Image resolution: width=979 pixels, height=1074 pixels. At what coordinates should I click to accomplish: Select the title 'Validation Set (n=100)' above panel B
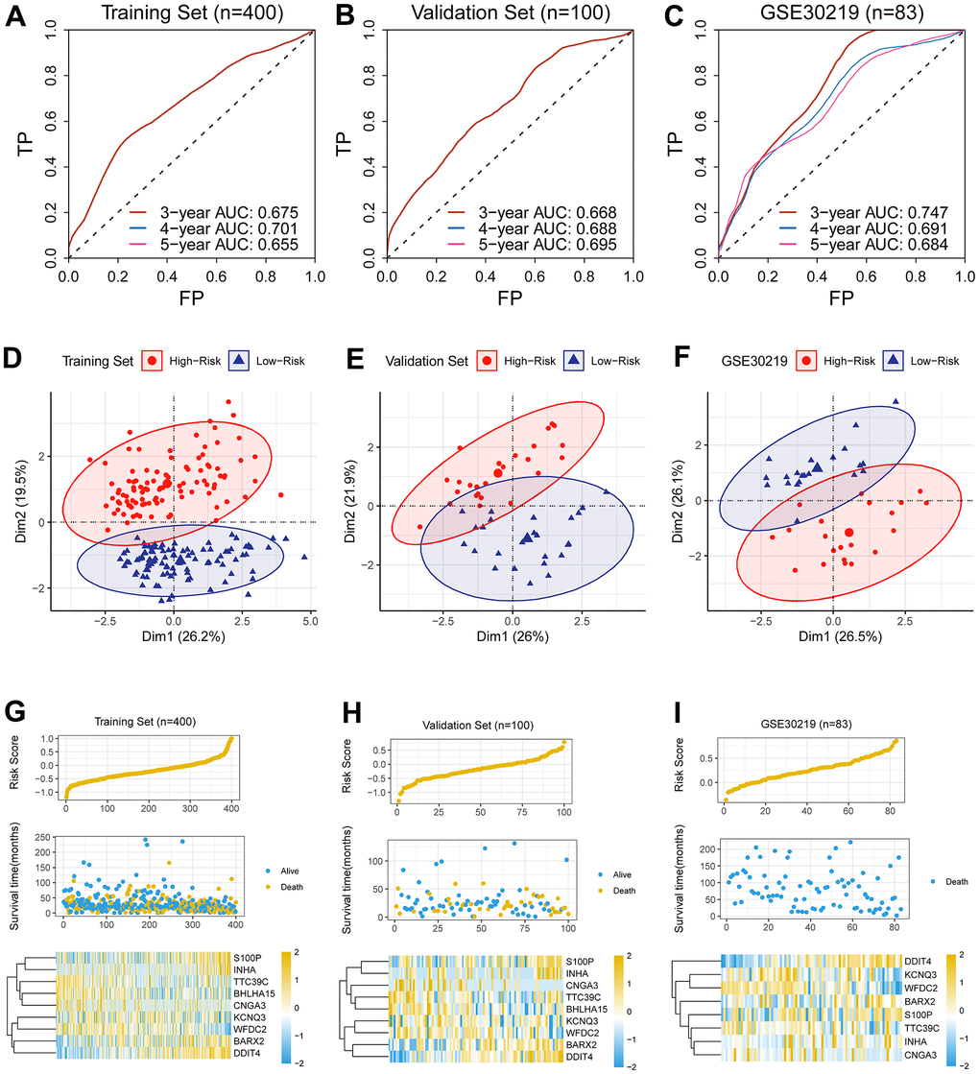pyautogui.click(x=508, y=13)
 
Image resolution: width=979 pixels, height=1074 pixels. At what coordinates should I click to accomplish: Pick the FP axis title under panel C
pyautogui.click(x=840, y=298)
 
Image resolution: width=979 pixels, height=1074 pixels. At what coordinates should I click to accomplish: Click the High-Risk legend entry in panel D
pyautogui.click(x=203, y=361)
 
